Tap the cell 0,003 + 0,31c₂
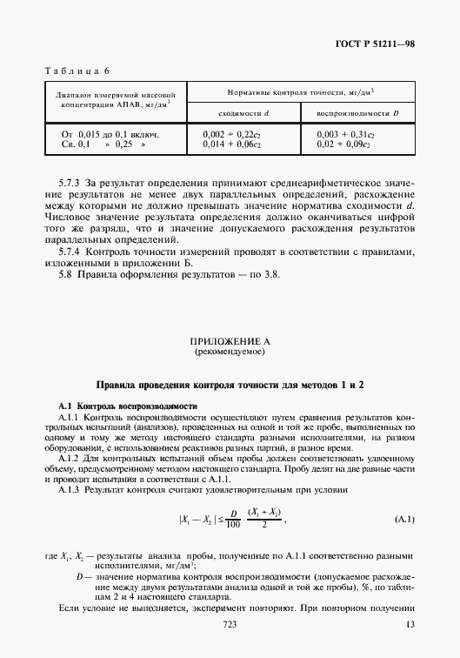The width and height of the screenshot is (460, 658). pos(345,135)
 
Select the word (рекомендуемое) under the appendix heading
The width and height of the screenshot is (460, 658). pos(230,354)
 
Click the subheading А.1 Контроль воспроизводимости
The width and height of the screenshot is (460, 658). pos(129,406)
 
